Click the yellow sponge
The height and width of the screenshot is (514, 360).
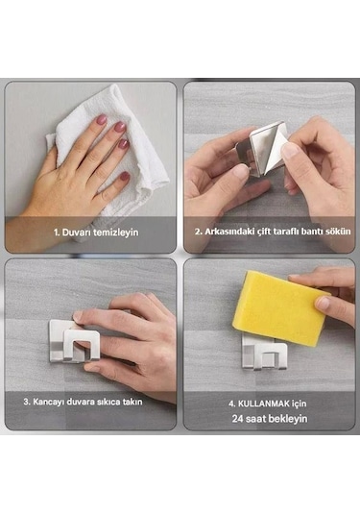pos(279,307)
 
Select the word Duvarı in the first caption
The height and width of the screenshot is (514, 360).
pos(77,233)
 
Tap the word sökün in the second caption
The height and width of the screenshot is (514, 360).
pos(338,232)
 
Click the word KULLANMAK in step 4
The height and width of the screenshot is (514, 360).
pos(263,404)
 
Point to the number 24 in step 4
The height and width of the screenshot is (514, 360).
pos(238,419)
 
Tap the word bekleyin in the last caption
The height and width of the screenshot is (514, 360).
pos(288,419)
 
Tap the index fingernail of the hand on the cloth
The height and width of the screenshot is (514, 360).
pos(101,119)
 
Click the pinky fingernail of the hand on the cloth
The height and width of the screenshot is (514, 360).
pos(125,176)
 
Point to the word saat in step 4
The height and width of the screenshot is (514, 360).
pos(255,419)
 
